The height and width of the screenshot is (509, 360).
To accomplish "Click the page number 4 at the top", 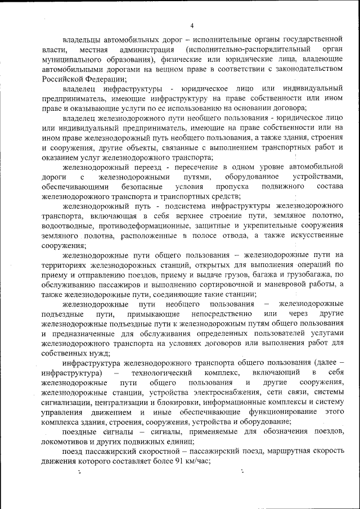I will click(192, 25).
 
